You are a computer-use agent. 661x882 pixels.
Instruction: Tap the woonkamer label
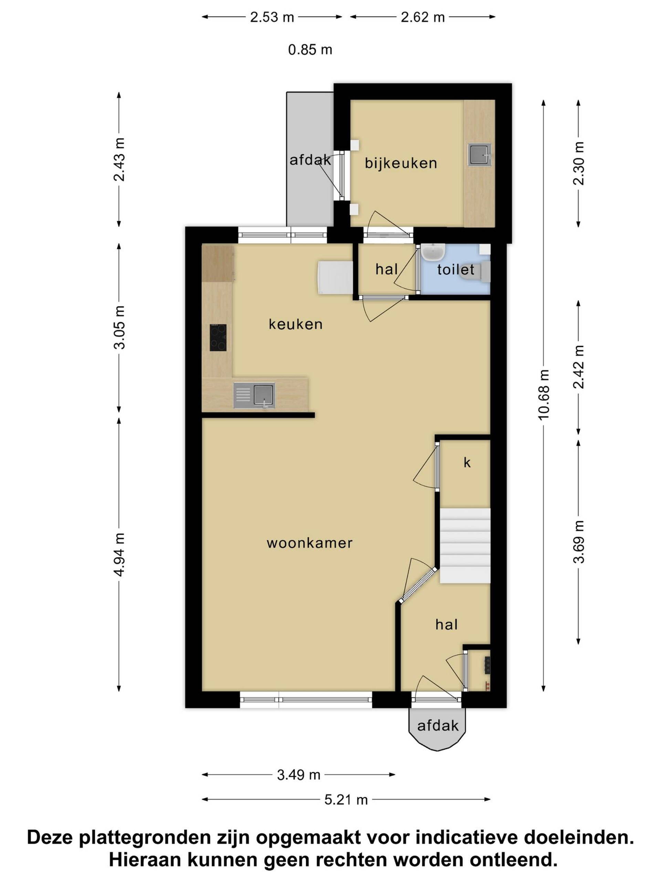coord(309,543)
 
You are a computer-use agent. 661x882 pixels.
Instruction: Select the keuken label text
coord(295,324)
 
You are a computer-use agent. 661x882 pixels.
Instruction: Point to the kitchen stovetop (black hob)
coord(218,337)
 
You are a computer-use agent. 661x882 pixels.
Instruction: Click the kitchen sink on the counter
coord(254,395)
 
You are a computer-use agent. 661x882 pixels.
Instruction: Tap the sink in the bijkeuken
coord(480,155)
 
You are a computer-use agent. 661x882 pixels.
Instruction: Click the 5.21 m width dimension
coord(346,799)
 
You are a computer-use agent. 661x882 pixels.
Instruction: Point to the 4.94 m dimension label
coord(119,554)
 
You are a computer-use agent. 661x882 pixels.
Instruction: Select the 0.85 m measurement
coord(310,50)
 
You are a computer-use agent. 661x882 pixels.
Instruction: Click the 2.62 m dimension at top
coord(422,17)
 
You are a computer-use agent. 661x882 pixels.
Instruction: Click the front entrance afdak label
coord(438,725)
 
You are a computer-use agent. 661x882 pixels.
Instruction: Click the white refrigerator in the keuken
coord(335,278)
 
